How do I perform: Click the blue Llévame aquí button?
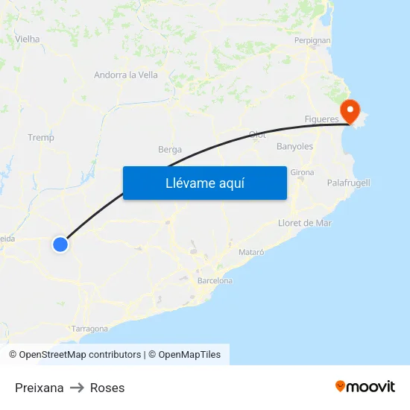click(x=204, y=183)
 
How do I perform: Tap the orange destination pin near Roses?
click(x=350, y=110)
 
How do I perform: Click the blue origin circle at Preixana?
click(x=60, y=244)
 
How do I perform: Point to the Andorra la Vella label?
click(x=126, y=75)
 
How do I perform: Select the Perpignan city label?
click(x=312, y=40)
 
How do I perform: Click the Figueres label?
click(x=322, y=119)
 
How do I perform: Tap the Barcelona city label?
click(x=215, y=281)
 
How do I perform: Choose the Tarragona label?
click(x=89, y=328)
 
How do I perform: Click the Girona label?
click(x=302, y=172)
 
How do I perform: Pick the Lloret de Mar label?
click(x=304, y=223)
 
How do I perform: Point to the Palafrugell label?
click(x=348, y=183)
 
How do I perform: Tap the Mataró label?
click(x=251, y=253)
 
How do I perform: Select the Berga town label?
click(x=170, y=150)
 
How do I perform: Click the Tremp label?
click(x=41, y=137)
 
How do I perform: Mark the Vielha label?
click(x=27, y=39)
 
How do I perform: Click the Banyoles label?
click(x=294, y=147)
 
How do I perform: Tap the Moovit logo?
click(x=365, y=386)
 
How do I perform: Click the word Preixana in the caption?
click(x=40, y=388)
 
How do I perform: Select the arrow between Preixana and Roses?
click(x=77, y=388)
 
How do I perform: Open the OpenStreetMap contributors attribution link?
click(x=80, y=355)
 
